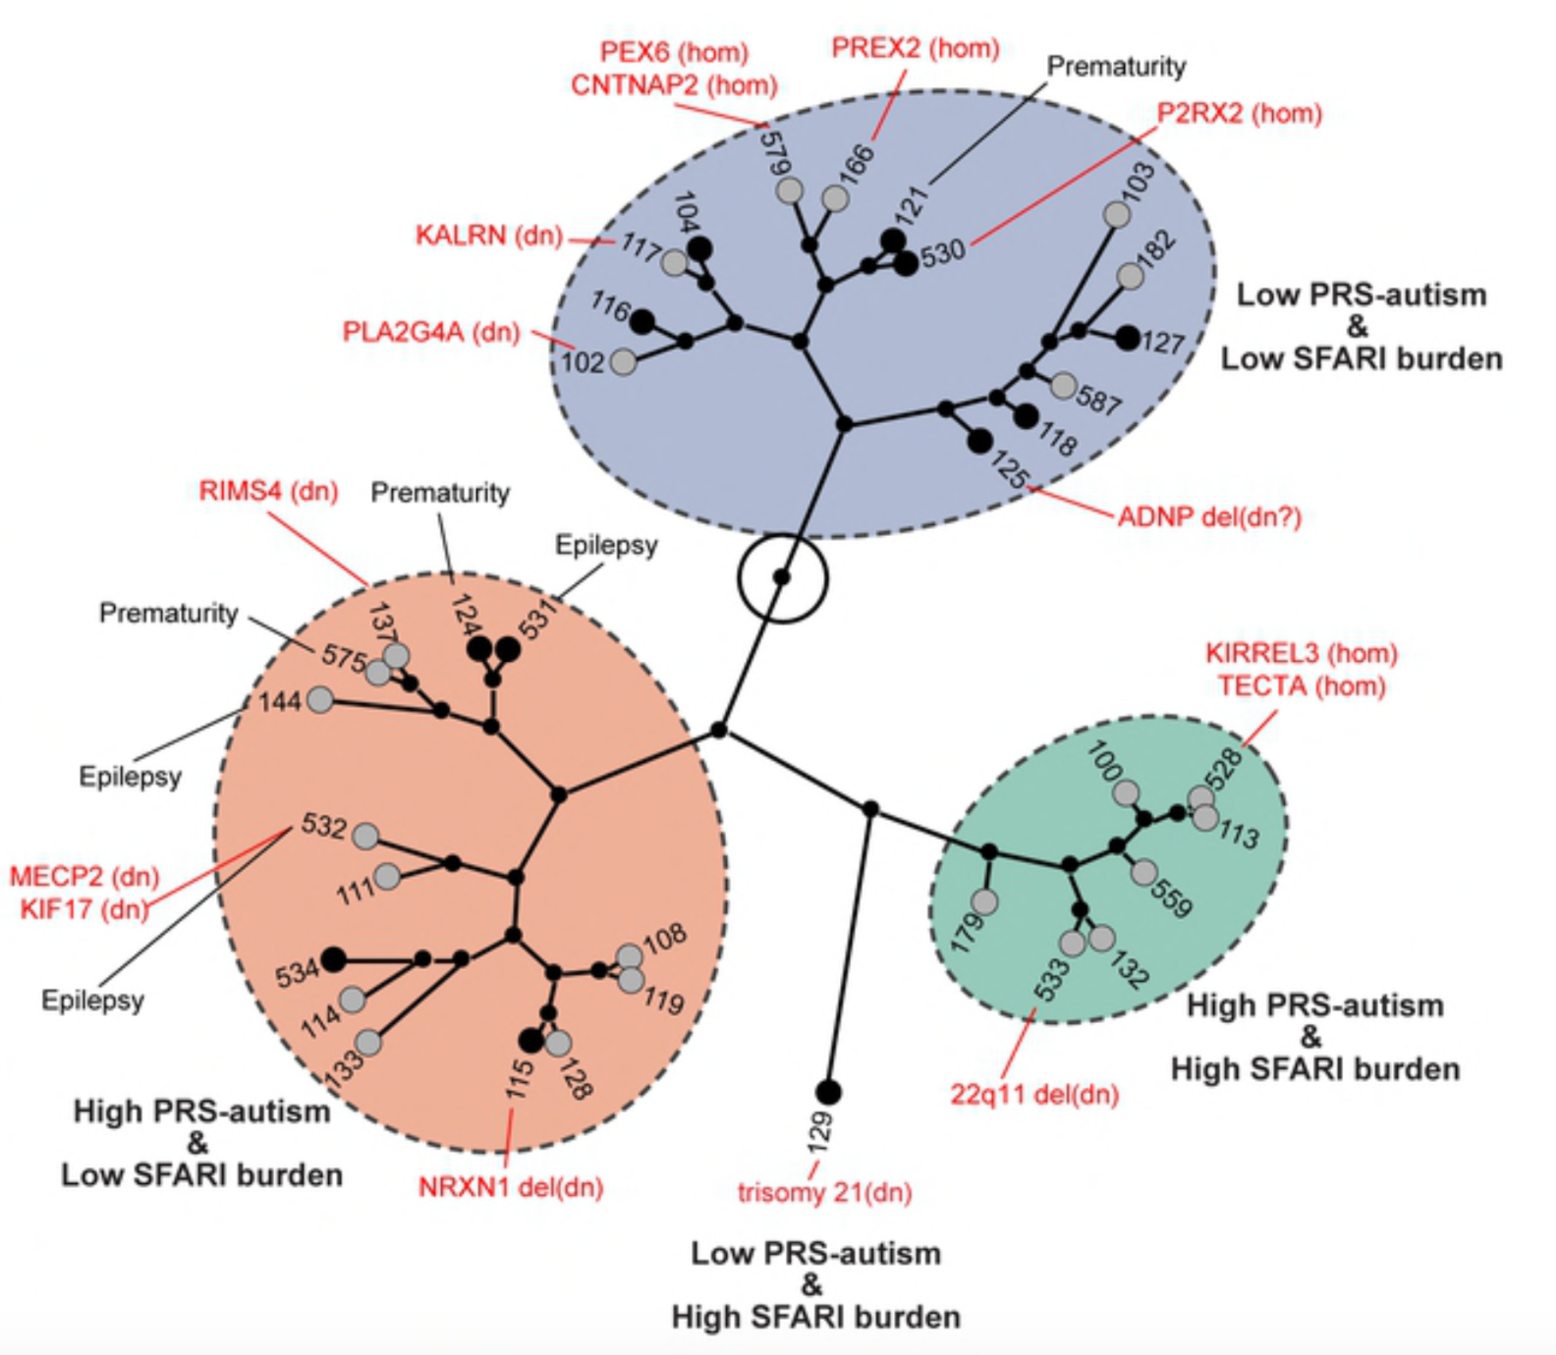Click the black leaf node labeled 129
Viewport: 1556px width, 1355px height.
coord(828,1091)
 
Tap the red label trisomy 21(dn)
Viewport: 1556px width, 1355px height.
coord(824,1193)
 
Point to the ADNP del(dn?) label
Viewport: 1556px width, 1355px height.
coord(1209,516)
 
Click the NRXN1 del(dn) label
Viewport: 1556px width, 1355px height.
coord(511,1187)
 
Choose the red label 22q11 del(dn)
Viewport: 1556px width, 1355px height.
coord(1034,1094)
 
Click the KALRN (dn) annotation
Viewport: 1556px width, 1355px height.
coord(489,236)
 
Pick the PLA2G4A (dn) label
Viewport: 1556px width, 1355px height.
coord(430,332)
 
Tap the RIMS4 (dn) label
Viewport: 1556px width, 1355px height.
coord(268,491)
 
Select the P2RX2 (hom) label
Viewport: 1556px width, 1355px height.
coord(1240,114)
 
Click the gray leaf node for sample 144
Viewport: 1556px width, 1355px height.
coord(320,700)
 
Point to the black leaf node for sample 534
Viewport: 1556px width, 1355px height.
coord(334,958)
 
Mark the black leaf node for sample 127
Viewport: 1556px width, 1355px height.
coord(1128,338)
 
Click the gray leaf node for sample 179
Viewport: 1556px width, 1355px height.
coord(984,901)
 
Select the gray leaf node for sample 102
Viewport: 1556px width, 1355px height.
coord(623,361)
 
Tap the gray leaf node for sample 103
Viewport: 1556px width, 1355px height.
coord(1116,214)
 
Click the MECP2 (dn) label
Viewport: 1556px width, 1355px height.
coord(84,876)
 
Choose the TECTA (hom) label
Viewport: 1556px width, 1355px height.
coord(1301,685)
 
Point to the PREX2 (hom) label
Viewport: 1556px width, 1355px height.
coord(915,48)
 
